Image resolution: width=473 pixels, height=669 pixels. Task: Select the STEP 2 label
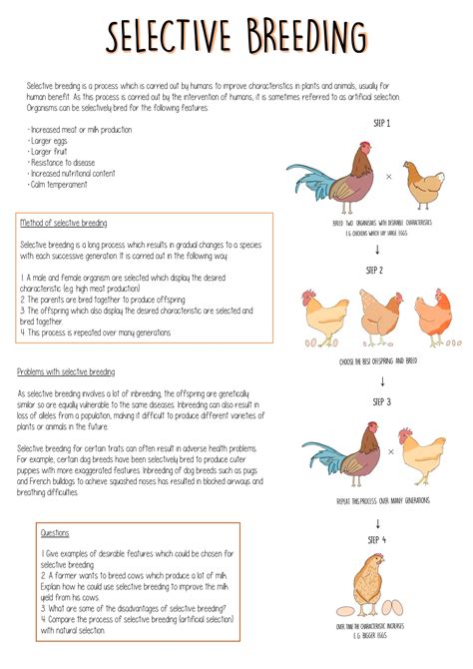(374, 271)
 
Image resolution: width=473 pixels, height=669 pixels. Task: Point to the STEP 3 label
(380, 402)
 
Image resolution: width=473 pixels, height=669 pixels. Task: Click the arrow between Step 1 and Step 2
(377, 249)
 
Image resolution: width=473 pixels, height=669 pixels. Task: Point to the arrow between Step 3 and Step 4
(378, 522)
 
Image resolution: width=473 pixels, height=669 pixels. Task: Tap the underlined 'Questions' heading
(55, 533)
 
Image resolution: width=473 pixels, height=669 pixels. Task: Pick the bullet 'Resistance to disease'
(63, 163)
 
